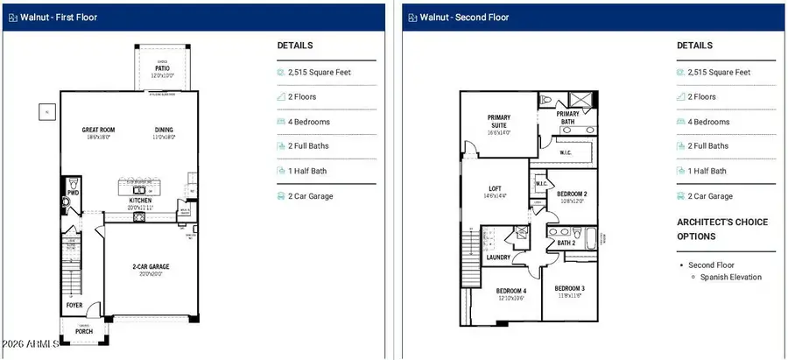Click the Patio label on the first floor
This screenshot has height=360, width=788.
[162, 67]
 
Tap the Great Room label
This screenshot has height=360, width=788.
[98, 131]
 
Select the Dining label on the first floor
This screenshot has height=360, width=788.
[164, 131]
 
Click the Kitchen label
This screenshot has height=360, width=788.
[139, 201]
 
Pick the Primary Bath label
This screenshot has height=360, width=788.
[568, 114]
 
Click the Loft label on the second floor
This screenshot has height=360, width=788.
[496, 187]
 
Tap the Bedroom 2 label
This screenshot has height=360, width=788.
[572, 194]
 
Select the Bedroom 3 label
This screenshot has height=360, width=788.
[569, 288]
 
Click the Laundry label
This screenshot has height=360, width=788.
[498, 258]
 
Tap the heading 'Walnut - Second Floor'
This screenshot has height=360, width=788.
[464, 17]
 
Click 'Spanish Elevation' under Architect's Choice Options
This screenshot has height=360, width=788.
[730, 277]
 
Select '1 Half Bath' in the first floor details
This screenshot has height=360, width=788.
[313, 172]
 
